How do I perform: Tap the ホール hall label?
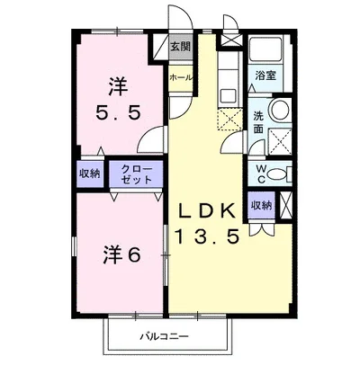[x=180, y=78]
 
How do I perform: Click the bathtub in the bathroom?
[x=265, y=51]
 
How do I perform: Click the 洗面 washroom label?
[x=258, y=121]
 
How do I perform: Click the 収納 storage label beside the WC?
[x=261, y=206]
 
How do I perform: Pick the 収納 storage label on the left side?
[x=88, y=173]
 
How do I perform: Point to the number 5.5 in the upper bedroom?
[x=120, y=114]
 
